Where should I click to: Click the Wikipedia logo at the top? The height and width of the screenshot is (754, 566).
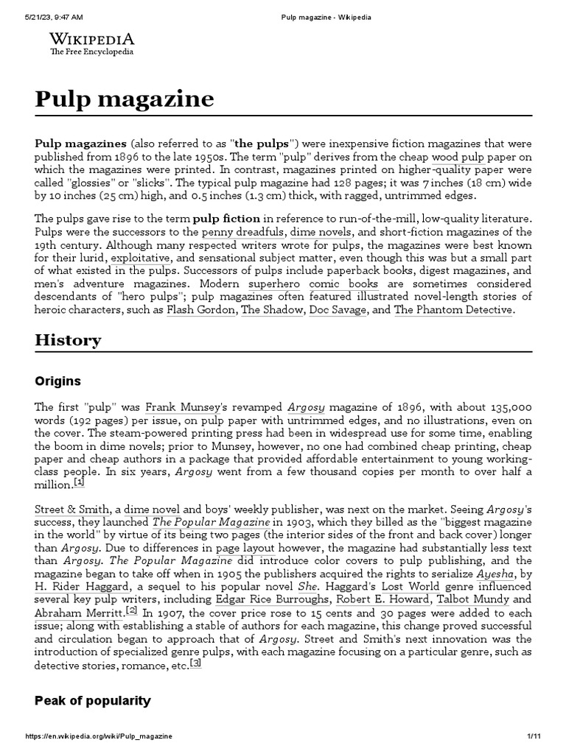91,43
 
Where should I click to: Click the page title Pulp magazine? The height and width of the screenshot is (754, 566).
125,99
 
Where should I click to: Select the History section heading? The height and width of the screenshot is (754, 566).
68,339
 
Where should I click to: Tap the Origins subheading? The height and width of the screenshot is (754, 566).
57,381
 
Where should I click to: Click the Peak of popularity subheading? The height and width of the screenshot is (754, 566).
92,700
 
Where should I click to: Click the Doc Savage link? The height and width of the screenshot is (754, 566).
338,309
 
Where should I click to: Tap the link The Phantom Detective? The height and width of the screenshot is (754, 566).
453,309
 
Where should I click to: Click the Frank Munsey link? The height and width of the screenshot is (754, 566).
175,407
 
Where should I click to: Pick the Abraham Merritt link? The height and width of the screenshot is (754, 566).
79,612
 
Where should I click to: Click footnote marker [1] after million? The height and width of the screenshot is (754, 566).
80,482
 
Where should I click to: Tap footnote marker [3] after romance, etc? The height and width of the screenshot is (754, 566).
195,663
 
